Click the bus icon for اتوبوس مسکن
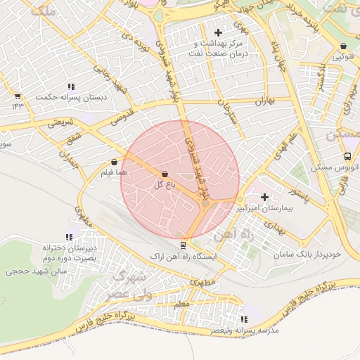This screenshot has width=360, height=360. coord(347,157)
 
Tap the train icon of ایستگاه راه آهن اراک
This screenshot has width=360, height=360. coord(184,245)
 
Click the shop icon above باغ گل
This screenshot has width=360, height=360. coord(165,173)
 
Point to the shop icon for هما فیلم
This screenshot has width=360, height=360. coord(114,162)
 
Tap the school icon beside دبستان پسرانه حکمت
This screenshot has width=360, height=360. coord(116,87)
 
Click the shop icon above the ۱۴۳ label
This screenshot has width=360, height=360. coord(18,96)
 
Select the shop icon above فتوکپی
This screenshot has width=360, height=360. coord(342,46)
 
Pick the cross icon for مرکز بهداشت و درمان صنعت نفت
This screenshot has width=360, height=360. coord(218,32)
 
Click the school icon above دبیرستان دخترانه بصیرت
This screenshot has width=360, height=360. coord(68,238)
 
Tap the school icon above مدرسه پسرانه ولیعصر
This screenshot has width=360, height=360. coord(244,319)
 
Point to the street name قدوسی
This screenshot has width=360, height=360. coord(124,116)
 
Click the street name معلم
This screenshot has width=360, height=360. coord(181,303)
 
